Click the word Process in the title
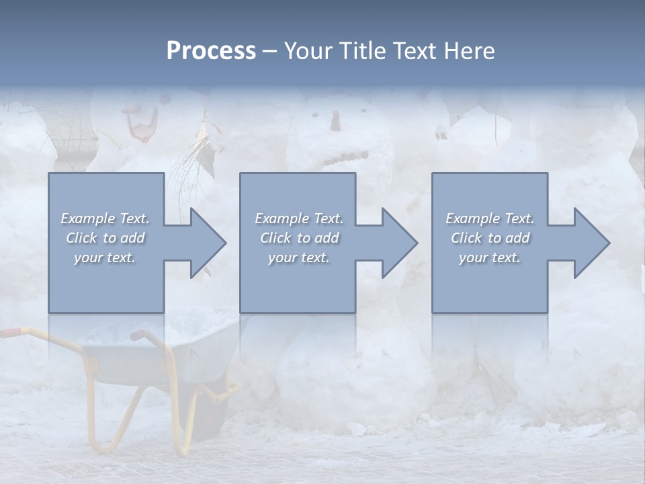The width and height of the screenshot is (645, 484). (x=211, y=51)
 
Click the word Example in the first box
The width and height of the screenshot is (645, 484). (x=87, y=218)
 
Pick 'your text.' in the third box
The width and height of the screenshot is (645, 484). (x=490, y=257)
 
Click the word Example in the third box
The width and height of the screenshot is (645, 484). (x=472, y=218)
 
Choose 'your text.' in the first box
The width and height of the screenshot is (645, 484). (x=105, y=257)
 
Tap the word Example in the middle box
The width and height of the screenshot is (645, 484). (x=282, y=218)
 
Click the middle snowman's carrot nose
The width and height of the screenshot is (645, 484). (x=335, y=121)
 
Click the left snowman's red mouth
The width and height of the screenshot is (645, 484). (x=140, y=128)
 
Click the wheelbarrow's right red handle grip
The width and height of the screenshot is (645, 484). (x=138, y=335)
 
